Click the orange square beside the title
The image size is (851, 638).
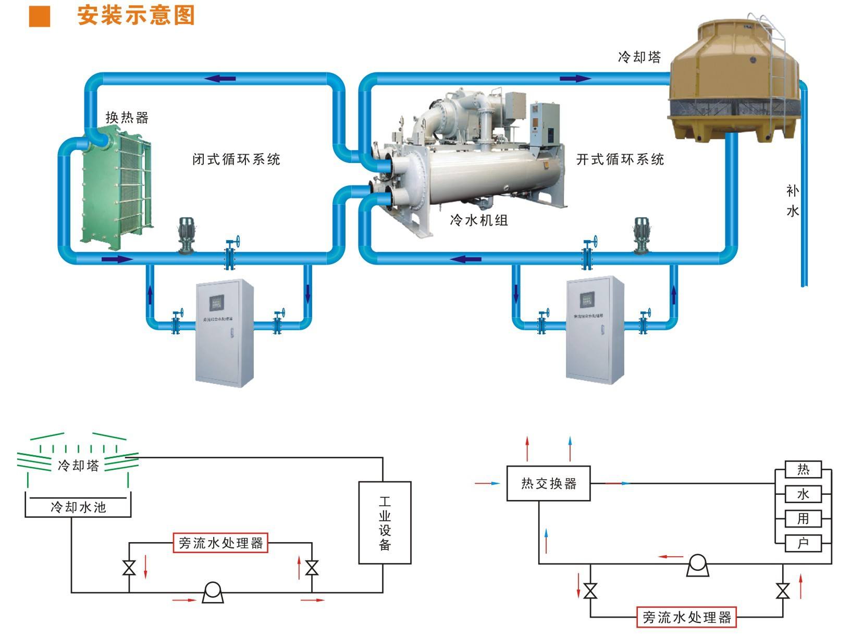39,16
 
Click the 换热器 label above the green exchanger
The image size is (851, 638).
127,118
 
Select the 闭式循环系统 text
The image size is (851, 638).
236,159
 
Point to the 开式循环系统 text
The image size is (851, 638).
620,159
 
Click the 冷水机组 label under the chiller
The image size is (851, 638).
478,220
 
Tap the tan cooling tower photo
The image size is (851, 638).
735,78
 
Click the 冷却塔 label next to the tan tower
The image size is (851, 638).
639,57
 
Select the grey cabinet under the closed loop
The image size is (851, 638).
225,333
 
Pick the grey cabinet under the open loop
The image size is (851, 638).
595,330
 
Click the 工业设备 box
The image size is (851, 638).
385,522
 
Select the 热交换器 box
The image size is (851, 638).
548,484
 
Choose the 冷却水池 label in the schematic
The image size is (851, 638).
78,507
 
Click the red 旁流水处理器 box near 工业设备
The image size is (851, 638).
220,543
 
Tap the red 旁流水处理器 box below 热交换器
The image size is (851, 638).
686,617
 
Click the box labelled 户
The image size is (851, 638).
803,543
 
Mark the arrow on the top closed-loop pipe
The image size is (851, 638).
220,79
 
